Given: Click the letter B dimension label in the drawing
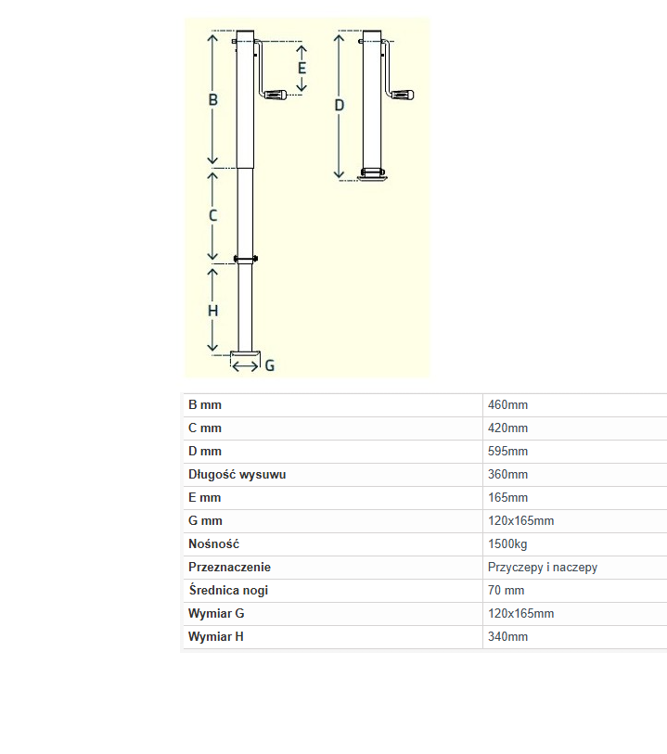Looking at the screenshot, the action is (213, 99).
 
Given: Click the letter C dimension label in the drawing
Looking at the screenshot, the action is (213, 215).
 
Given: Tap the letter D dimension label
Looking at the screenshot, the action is (339, 106).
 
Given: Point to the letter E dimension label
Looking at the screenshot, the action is (302, 68).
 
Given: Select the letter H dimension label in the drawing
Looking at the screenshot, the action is (213, 311).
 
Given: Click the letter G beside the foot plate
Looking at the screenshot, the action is (270, 366).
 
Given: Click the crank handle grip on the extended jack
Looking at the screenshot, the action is (276, 95).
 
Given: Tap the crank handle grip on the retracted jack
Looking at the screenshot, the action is (403, 95).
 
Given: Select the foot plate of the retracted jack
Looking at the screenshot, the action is (372, 178).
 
